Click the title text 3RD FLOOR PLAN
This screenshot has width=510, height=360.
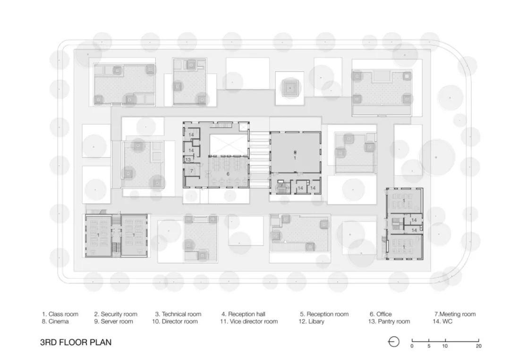[76, 342]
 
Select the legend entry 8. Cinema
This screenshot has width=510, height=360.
[55, 321]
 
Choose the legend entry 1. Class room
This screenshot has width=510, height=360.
[60, 314]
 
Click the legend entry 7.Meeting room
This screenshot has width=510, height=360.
[455, 314]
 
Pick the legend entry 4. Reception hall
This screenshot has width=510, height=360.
[243, 314]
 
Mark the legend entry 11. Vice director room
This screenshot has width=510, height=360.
[248, 321]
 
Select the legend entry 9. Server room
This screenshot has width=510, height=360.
[113, 321]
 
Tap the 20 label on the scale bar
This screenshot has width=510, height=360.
[478, 346]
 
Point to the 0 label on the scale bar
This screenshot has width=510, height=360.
[412, 346]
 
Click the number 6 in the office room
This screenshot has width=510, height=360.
[228, 174]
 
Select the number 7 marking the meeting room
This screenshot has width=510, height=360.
[192, 170]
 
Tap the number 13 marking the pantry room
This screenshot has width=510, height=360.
[187, 160]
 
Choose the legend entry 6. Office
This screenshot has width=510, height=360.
[381, 314]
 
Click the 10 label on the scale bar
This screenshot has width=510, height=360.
[445, 346]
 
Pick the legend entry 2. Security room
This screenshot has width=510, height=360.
[116, 314]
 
